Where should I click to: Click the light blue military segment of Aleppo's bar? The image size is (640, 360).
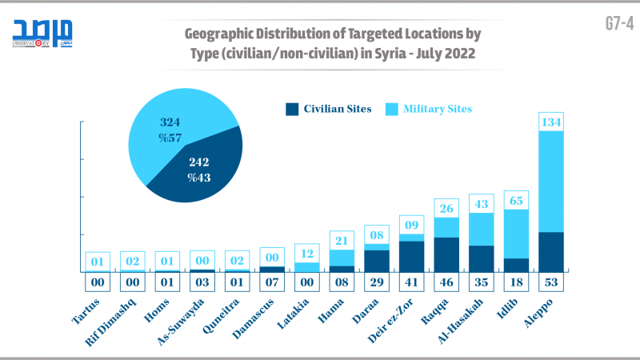pos(552,181)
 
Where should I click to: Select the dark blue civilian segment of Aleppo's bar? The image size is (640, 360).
pos(552,251)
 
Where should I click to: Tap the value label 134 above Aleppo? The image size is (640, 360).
pos(552,122)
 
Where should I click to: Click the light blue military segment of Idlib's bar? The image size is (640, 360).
pos(517,234)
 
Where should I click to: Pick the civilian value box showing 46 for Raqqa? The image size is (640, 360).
pos(446,282)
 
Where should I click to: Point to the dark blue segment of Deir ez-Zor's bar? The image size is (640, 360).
pos(411,256)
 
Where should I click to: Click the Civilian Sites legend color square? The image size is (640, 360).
pos(292,109)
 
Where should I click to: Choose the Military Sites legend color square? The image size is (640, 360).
pos(391,109)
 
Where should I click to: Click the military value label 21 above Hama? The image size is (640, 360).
pos(341,240)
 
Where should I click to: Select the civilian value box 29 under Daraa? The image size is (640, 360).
pos(376,282)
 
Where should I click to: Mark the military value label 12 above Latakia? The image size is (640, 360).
pos(306,253)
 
